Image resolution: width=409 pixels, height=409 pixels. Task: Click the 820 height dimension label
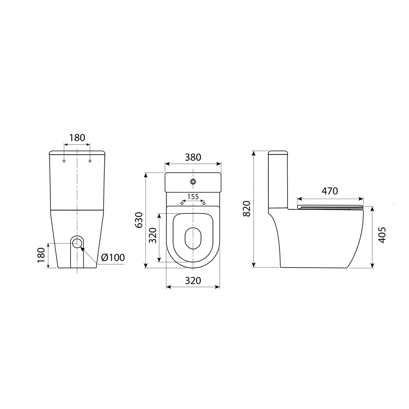pos(246,208)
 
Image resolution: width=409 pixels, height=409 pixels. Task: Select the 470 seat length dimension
pos(330,191)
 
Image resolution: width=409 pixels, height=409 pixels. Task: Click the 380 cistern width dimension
pos(193,157)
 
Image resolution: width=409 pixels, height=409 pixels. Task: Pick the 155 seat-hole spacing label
pos(193,197)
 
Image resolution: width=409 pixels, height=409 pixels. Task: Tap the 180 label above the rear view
pos(77,138)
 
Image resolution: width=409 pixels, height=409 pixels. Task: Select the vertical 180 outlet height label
pos(41,255)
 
